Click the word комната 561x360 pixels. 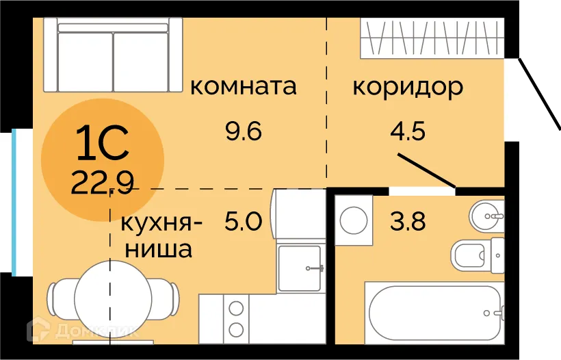point(244,87)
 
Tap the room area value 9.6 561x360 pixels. point(244,130)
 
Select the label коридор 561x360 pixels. point(408,87)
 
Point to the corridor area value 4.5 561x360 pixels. point(408,130)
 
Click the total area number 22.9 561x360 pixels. point(103,182)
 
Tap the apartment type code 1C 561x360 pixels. point(103,144)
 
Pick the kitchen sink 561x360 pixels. point(300,268)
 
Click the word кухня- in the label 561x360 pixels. point(161,224)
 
